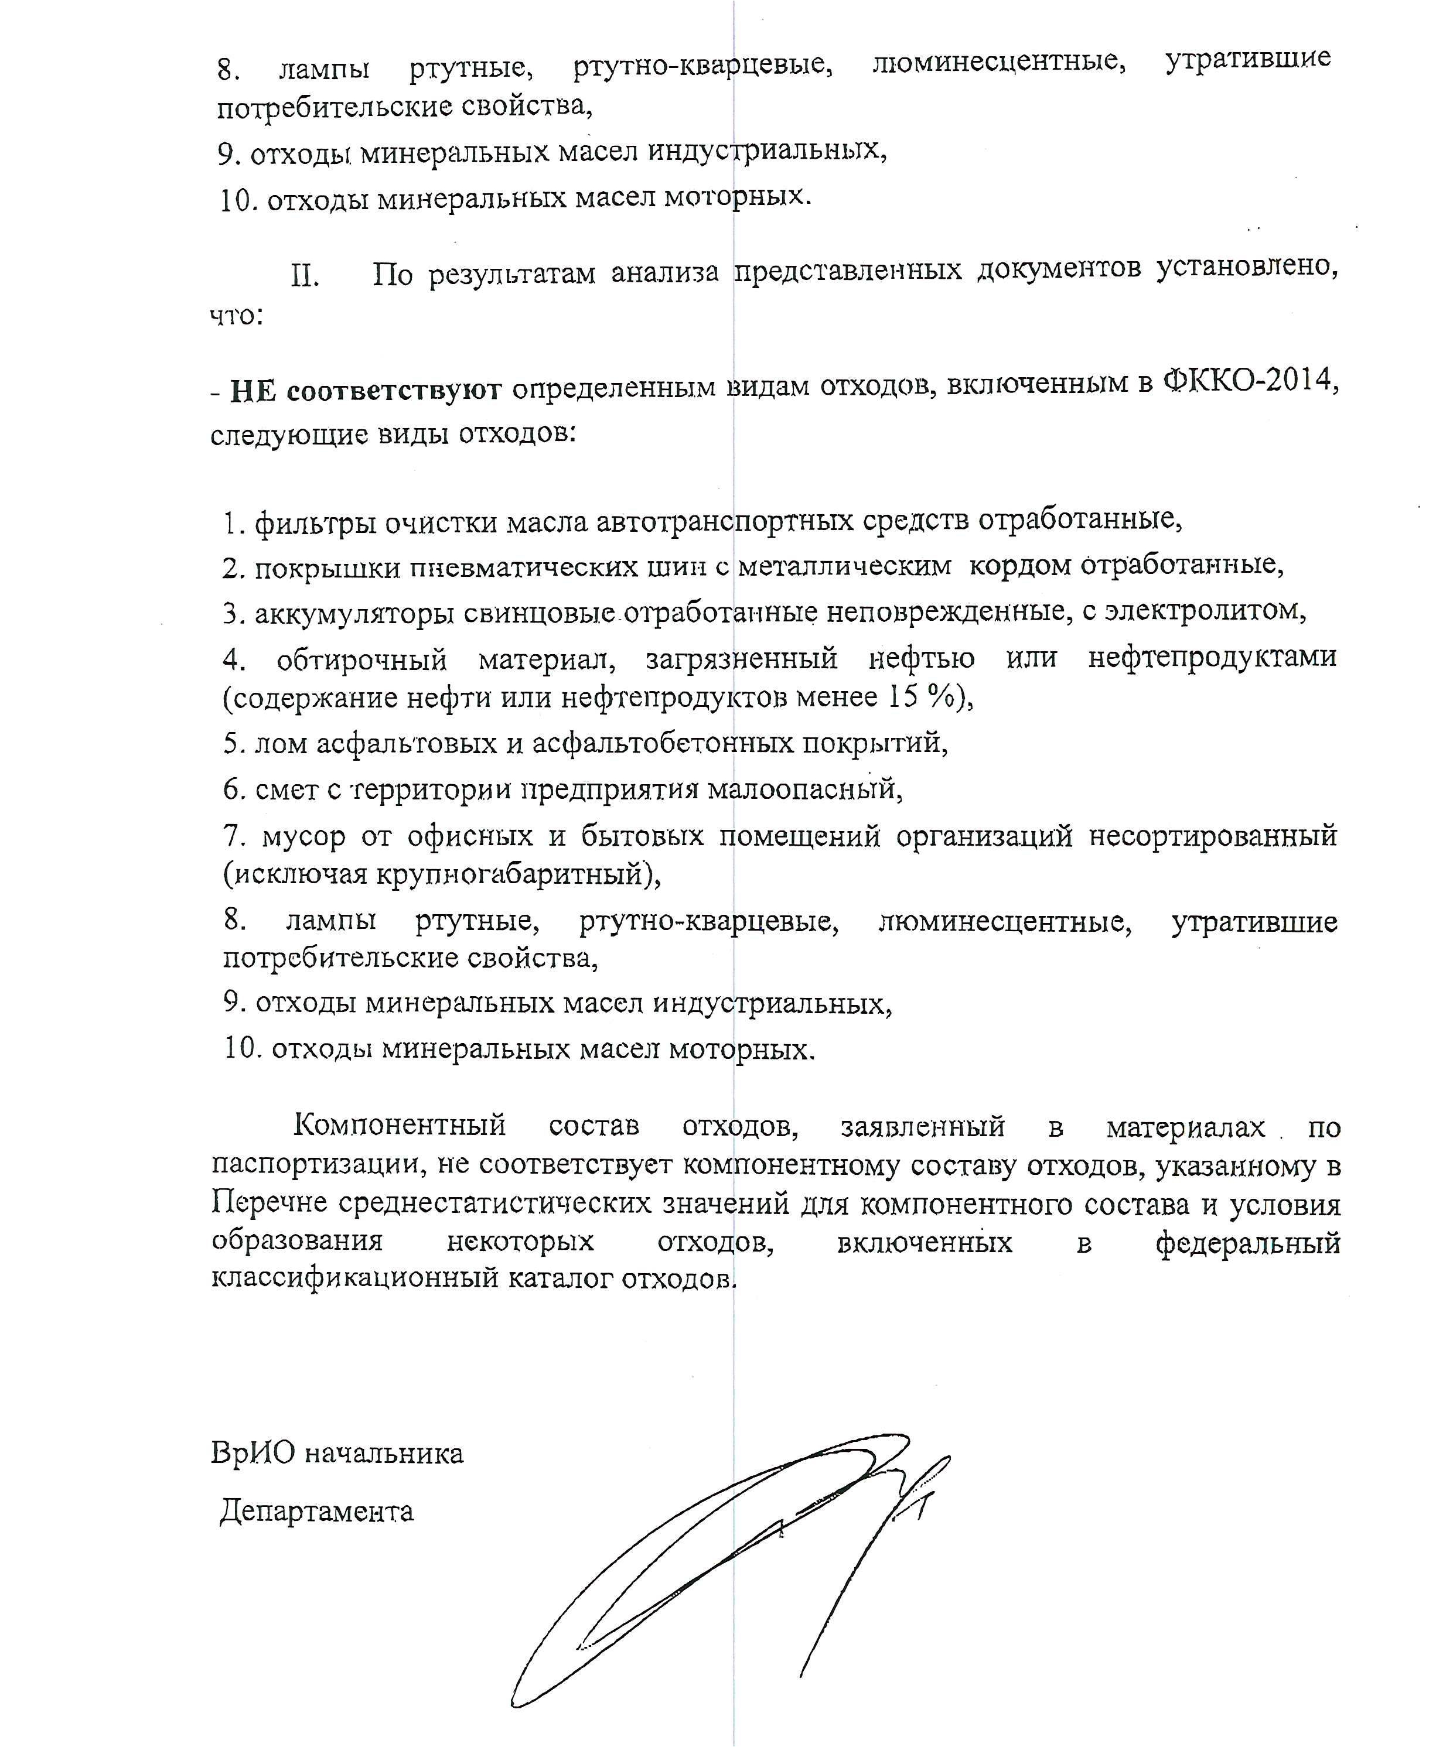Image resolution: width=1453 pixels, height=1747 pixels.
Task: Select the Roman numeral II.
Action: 305,275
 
